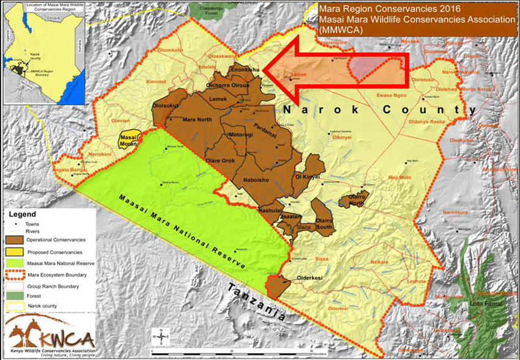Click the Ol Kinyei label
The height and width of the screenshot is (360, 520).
pyautogui.click(x=308, y=177)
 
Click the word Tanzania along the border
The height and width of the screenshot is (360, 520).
pyautogui.click(x=255, y=302)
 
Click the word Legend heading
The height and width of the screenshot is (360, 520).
pyautogui.click(x=23, y=215)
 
